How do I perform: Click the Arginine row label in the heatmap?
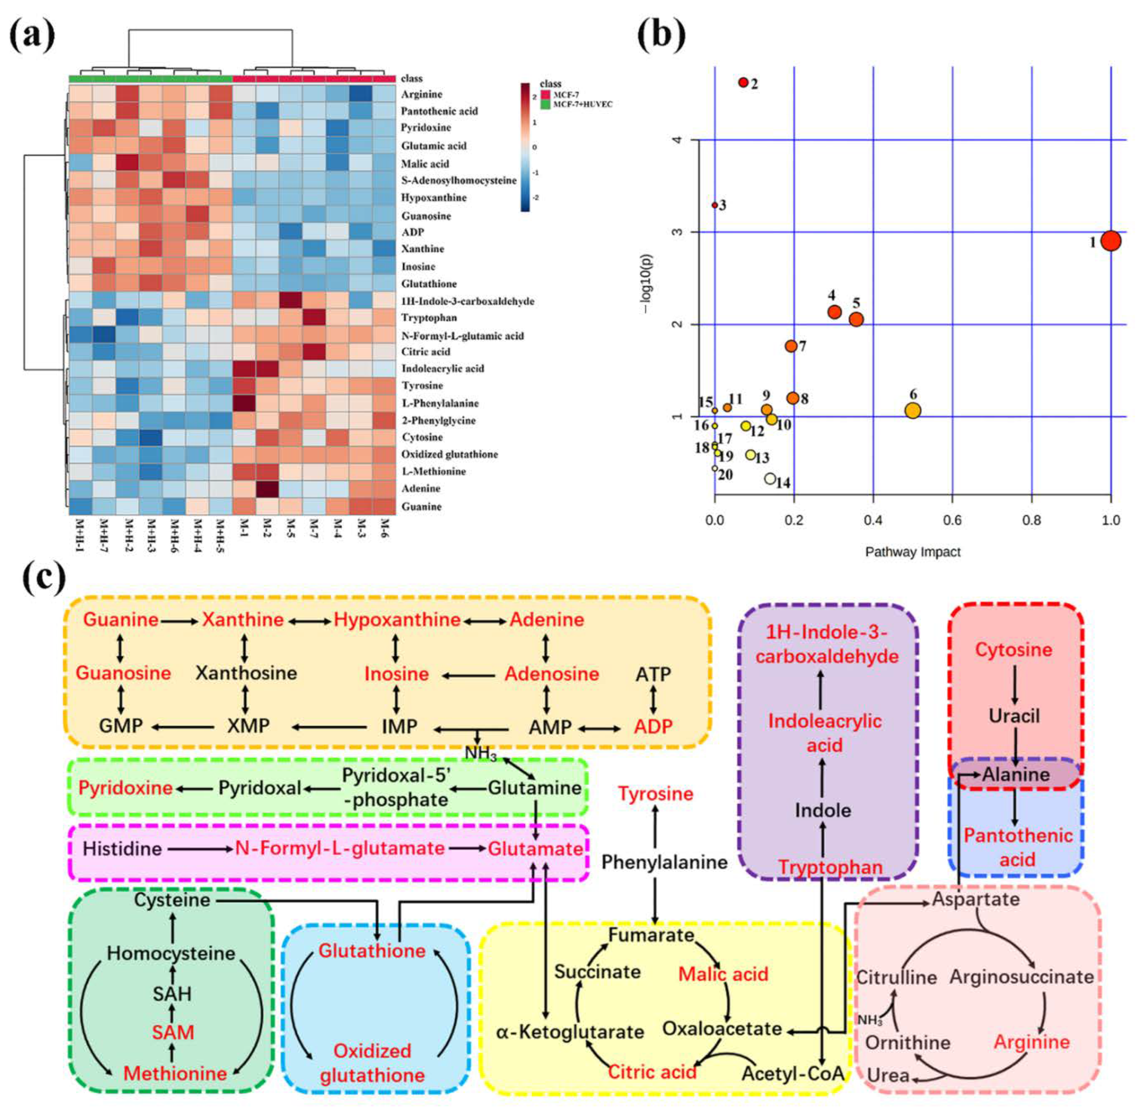coord(421,94)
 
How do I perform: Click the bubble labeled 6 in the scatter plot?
coord(912,410)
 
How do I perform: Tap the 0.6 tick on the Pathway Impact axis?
coord(952,520)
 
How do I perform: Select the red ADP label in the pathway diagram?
coord(653,727)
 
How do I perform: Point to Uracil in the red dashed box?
coord(1014,716)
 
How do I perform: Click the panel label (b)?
coord(661,36)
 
